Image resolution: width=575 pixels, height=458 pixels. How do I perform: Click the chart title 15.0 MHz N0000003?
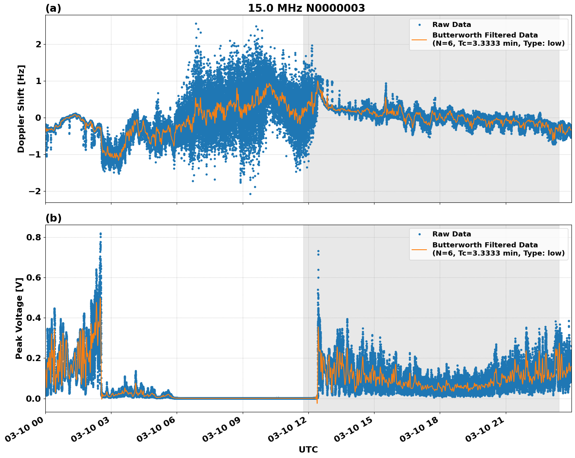[306, 8]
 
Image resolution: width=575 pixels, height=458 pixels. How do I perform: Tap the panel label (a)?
[53, 8]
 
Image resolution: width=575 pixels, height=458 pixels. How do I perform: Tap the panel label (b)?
[53, 218]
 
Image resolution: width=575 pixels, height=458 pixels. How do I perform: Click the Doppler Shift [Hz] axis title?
[21, 109]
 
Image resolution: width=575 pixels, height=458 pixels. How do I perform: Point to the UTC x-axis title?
[308, 449]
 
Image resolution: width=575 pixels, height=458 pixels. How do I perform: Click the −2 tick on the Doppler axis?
[34, 191]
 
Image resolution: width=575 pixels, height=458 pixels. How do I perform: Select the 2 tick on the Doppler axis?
[38, 44]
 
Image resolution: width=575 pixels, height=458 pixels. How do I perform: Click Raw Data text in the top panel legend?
[451, 25]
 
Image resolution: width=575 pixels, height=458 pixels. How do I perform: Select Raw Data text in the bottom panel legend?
[451, 234]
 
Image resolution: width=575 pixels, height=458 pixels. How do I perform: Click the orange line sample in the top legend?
[419, 39]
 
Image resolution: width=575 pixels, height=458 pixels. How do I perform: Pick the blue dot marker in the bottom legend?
[419, 234]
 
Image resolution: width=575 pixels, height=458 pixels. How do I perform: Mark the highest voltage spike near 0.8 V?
[100, 234]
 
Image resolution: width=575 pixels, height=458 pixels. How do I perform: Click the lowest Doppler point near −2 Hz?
[250, 194]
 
